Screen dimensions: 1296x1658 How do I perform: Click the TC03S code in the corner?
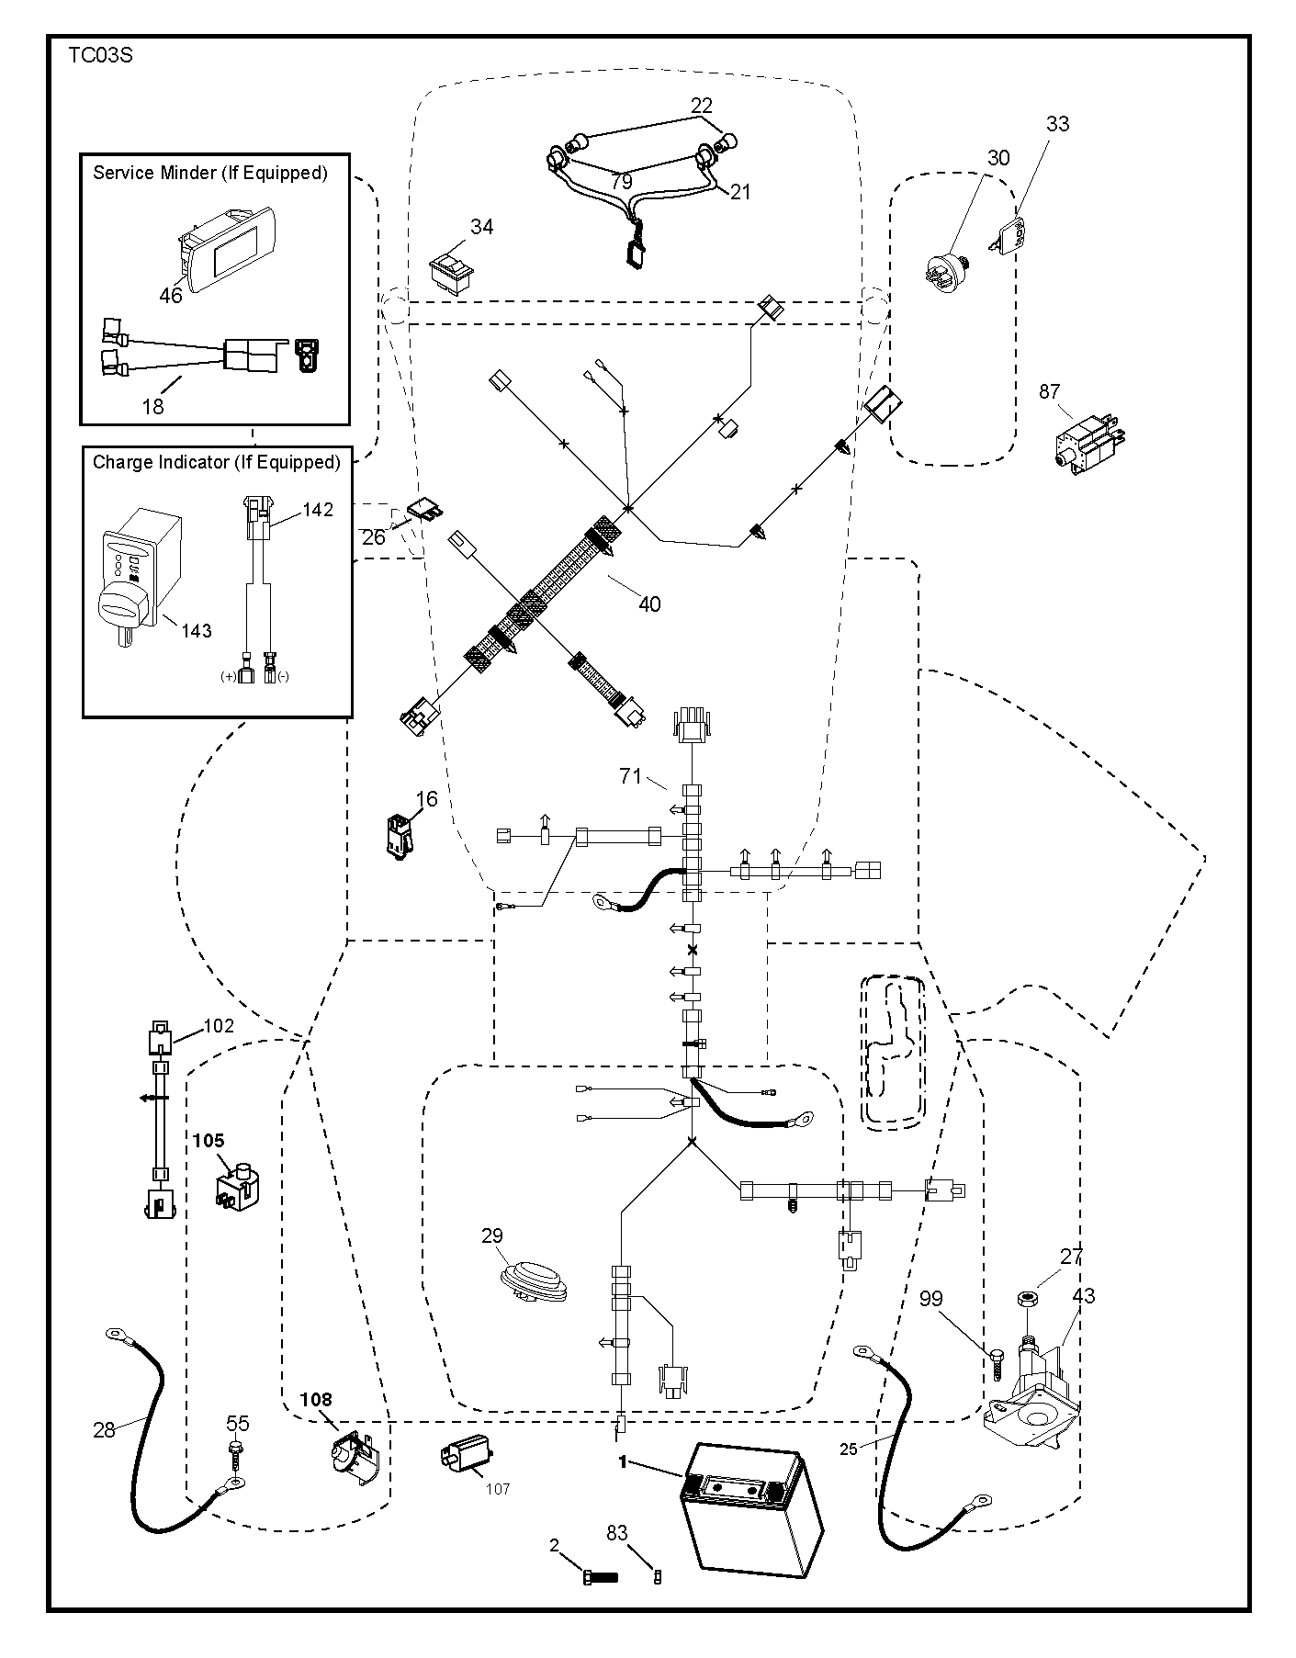pos(100,55)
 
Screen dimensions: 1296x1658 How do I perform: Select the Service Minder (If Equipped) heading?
pos(210,173)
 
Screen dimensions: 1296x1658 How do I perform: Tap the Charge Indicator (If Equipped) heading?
pos(217,462)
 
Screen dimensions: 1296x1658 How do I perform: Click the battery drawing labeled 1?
pos(749,1520)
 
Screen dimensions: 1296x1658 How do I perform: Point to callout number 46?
pos(171,296)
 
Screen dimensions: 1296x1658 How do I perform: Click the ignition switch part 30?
pos(946,272)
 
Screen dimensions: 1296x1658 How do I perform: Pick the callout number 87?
pos(1050,391)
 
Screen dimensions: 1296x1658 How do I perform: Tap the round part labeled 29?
pos(534,1281)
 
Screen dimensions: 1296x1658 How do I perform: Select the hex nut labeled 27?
pos(1028,1297)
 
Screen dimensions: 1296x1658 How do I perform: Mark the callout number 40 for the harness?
pos(649,604)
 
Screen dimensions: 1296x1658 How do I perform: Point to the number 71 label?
pos(630,776)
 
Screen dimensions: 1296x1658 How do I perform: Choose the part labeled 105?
pos(236,1185)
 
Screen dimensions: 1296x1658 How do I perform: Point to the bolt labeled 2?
pos(600,1578)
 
